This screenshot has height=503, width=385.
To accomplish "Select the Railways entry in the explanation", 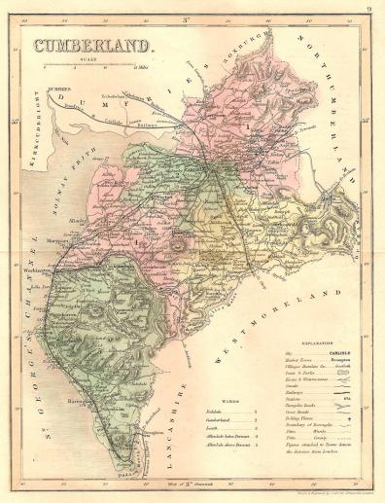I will tap(291, 393).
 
